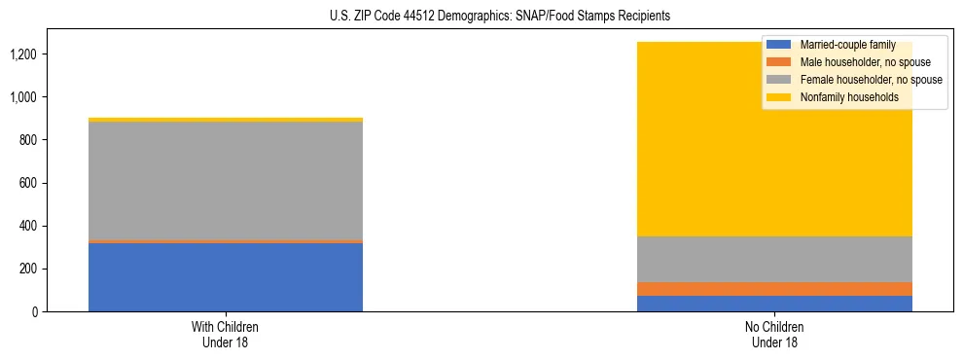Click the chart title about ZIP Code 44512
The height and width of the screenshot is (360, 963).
481,17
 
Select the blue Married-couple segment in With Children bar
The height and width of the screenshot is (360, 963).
226,277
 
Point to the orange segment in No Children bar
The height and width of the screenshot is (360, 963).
774,289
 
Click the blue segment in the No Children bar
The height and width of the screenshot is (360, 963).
774,304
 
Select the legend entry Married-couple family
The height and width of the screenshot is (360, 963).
846,45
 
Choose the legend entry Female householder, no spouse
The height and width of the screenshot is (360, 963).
870,80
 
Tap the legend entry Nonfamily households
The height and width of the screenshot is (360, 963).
848,97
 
